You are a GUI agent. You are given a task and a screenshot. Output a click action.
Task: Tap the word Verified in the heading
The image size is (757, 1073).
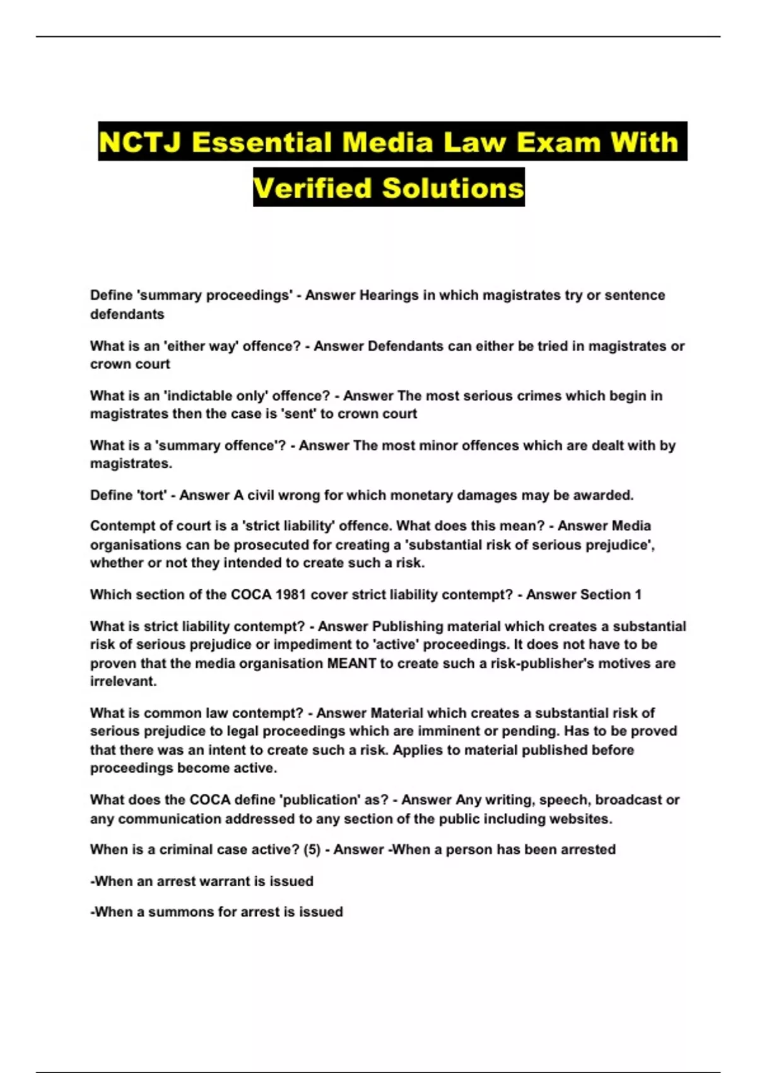coord(312,188)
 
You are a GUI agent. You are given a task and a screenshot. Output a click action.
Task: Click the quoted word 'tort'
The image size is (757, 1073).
coord(152,495)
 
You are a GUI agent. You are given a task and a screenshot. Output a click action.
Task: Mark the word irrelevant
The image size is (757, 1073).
coord(123,682)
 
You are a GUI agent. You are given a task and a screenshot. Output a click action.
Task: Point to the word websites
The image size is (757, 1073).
coord(584,819)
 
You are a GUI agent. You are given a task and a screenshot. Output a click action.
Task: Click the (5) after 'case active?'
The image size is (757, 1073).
coord(312,850)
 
